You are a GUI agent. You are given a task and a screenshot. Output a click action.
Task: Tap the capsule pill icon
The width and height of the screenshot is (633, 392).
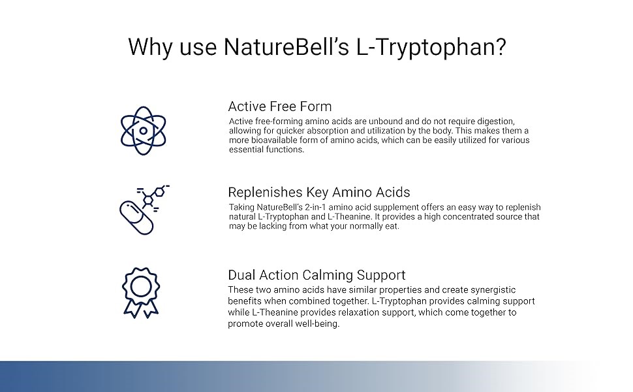136,218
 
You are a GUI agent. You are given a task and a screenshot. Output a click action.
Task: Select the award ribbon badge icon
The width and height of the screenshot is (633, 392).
141,293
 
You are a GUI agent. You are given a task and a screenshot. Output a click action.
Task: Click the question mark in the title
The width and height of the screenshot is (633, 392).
500,47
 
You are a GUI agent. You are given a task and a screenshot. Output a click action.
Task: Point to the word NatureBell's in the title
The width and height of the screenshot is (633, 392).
286,47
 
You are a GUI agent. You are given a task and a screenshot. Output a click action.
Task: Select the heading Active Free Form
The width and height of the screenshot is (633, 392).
280,106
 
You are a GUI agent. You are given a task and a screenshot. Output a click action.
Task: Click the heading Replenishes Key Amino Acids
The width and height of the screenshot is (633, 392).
319,192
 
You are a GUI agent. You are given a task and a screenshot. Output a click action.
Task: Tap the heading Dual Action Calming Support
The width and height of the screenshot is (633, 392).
316,275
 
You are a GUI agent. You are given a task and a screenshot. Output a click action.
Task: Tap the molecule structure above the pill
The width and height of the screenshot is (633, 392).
154,197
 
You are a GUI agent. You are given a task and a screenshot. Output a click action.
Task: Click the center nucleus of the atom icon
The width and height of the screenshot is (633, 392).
144,131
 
